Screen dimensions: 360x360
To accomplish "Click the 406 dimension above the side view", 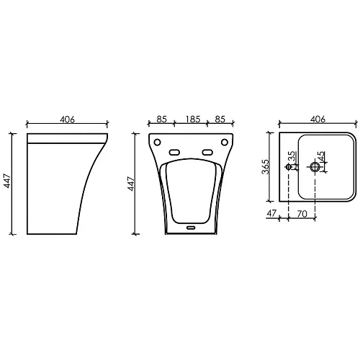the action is (x=67, y=120).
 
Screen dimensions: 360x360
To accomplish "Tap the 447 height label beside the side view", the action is (x=7, y=181).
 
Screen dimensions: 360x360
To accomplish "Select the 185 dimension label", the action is (x=193, y=119).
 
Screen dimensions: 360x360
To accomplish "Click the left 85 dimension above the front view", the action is (x=161, y=119).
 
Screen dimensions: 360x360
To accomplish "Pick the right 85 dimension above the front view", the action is (x=220, y=119).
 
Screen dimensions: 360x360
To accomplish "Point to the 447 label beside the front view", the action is (x=131, y=184).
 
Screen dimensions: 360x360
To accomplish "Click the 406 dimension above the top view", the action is (x=318, y=119).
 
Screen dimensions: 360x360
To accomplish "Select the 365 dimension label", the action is (x=266, y=166).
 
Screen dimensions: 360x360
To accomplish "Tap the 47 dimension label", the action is (x=272, y=213).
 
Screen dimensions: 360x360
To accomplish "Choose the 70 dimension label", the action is (x=302, y=214).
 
